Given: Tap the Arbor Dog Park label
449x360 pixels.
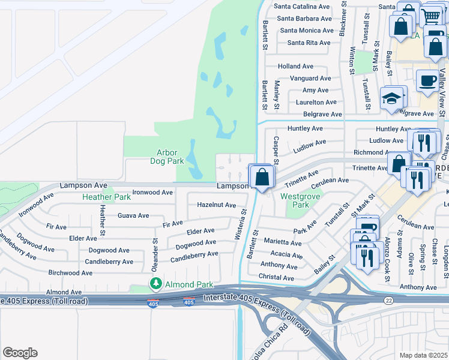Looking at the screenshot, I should [166, 157].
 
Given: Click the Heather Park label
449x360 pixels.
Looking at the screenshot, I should [106, 197].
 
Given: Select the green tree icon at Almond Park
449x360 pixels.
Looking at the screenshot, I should [155, 283].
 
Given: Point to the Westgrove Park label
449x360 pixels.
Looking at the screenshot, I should [295, 200].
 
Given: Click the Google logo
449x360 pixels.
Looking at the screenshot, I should [20, 353].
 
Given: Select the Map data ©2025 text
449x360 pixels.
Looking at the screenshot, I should [423, 355].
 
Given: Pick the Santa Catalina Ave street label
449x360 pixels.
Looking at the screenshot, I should [302, 7].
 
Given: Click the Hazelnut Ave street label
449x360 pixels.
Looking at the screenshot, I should [216, 205].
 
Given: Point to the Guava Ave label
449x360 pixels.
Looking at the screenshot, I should [133, 215].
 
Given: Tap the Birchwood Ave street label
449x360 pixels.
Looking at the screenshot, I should [70, 272].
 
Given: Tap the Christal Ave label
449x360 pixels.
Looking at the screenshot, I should [276, 278].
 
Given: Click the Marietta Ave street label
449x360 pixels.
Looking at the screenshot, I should [282, 243].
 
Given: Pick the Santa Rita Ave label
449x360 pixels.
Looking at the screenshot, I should [309, 43].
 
